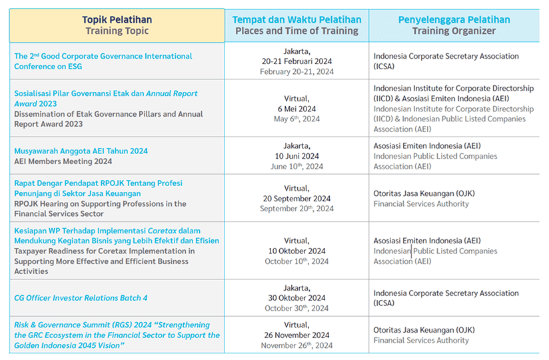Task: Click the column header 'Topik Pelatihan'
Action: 117,19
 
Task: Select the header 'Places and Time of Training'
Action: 296,31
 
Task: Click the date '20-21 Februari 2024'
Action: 296,61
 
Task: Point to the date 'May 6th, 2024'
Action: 296,119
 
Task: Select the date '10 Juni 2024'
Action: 296,156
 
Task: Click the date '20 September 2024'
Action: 296,198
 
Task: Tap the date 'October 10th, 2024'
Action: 296,261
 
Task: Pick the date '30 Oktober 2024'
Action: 296,298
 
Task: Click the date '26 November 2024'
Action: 296,335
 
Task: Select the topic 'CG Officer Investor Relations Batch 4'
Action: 81,298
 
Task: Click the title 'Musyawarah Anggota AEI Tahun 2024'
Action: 81,151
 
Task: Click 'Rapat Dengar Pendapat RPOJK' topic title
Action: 73,183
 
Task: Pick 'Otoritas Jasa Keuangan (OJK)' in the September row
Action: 424,193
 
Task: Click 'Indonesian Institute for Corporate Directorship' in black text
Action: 453,88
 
